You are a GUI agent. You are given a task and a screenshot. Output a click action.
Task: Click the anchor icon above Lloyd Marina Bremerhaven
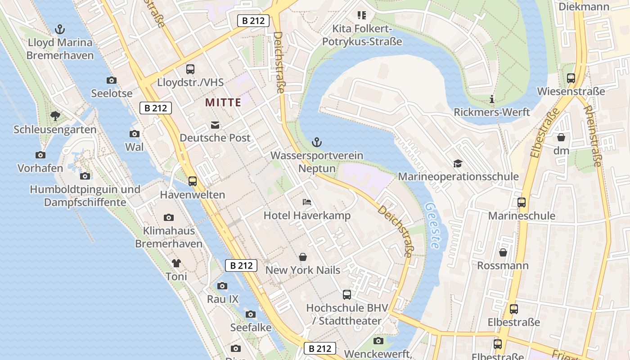pos(60,30)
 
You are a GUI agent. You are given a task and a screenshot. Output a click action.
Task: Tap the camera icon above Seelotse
pos(112,81)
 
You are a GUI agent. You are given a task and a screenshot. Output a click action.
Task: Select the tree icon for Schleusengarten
pos(55,116)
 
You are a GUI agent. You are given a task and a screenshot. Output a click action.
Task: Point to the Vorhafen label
pos(40,168)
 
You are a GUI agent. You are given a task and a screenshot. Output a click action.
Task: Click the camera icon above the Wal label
pos(135,134)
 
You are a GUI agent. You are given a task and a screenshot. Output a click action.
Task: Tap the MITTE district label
pos(223,102)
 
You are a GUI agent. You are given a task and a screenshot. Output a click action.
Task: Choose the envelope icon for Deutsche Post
pos(215,125)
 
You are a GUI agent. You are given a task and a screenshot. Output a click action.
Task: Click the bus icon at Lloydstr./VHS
pos(190,69)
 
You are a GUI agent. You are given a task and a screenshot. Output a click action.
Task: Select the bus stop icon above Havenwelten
pos(193,181)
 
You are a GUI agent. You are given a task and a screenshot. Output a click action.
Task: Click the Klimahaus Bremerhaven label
pos(169,237)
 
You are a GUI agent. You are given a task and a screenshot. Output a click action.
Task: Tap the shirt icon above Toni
pos(176,263)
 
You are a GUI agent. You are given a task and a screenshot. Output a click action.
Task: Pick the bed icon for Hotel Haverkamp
pos(307,202)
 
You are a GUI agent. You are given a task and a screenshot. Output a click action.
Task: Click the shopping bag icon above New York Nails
pos(303,257)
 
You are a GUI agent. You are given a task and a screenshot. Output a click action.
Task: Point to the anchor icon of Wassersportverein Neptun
pos(317,143)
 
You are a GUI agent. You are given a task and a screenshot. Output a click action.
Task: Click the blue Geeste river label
pos(432,225)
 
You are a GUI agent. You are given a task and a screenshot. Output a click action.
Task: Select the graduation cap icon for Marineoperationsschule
pos(458,163)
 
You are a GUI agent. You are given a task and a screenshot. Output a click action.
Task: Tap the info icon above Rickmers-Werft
pos(492,99)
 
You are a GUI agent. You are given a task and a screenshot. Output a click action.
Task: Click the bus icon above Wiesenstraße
pos(571,78)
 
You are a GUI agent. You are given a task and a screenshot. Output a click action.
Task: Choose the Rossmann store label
pos(503,265)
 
